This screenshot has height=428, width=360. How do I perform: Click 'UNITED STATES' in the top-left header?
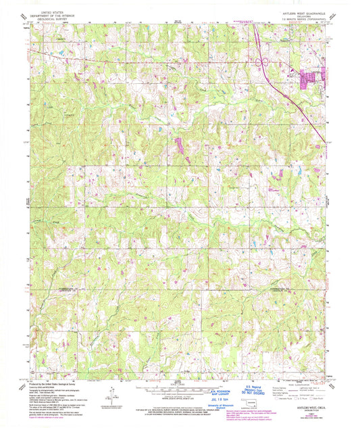[x=57, y=12]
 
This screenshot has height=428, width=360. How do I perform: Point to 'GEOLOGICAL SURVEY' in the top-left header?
[x=57, y=19]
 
